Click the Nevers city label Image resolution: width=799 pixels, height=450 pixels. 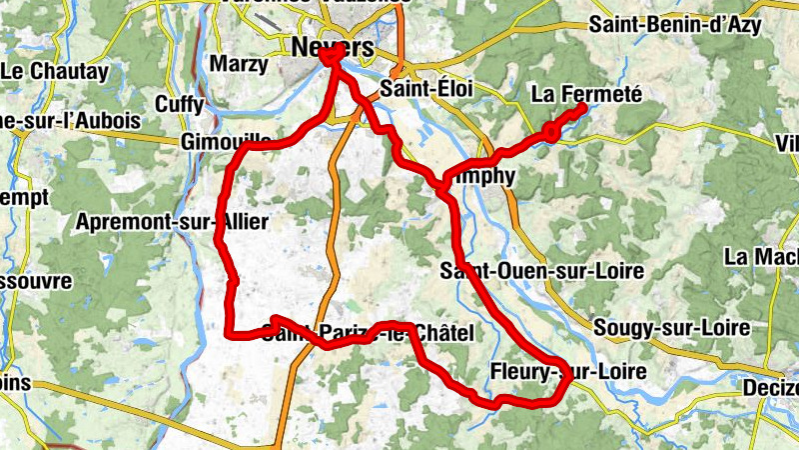(x=333, y=47)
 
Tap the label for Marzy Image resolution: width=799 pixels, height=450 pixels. (x=240, y=65)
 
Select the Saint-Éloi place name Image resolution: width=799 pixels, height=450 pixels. (x=426, y=89)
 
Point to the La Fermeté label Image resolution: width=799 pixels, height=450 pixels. (x=585, y=94)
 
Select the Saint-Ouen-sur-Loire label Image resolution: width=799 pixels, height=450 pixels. (x=542, y=271)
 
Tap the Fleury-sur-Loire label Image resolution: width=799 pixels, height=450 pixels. (x=567, y=372)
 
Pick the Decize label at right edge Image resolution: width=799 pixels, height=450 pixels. (x=771, y=387)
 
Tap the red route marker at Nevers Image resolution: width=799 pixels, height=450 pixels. (x=329, y=60)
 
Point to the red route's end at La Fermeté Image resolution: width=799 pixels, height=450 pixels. (x=582, y=107)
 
